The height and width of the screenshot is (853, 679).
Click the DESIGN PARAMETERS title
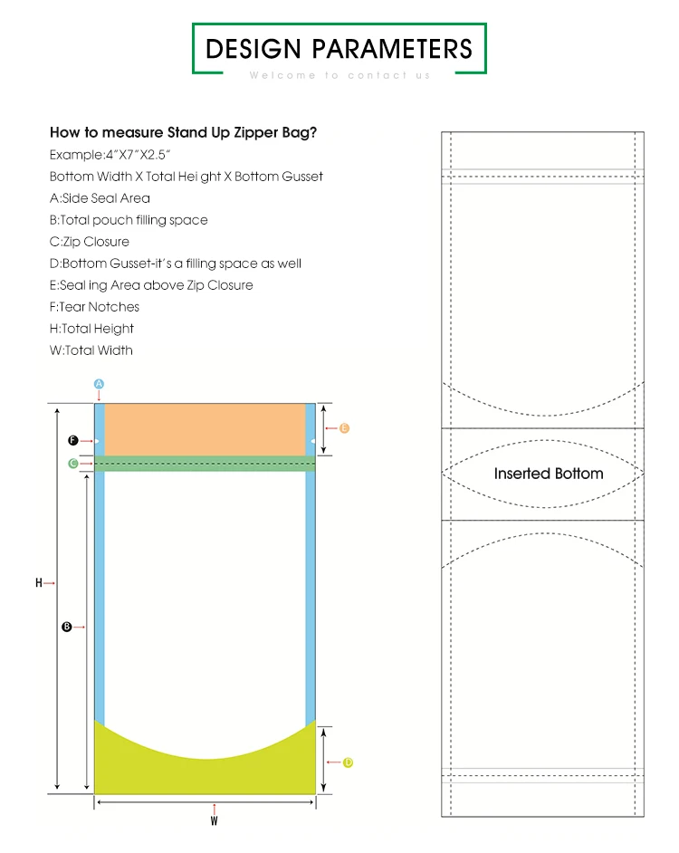coord(339,48)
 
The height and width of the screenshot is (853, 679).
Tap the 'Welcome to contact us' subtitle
coord(339,75)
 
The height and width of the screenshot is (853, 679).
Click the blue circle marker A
coord(100,384)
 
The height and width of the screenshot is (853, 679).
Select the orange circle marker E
coord(344,428)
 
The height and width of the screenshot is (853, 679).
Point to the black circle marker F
coord(72,440)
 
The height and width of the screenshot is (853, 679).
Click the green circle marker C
coord(72,464)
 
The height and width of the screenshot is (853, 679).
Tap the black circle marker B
coord(66,627)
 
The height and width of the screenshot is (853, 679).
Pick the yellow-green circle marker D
coord(348,762)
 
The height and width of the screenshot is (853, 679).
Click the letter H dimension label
coord(39,583)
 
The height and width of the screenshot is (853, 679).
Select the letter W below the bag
coord(214,821)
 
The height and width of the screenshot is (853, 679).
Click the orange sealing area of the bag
coord(205,429)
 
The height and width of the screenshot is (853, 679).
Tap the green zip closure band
coord(205,464)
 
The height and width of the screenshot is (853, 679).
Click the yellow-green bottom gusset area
coord(205,774)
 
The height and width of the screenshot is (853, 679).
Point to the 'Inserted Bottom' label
coord(548,474)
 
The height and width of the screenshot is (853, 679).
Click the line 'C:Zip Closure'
coord(90,242)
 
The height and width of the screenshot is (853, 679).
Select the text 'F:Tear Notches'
coord(94,307)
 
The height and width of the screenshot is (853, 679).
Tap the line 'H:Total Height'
coord(91,329)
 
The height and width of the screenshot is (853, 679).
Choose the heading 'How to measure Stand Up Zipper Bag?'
coord(183,132)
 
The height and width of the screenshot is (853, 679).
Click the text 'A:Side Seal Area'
coord(100,198)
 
